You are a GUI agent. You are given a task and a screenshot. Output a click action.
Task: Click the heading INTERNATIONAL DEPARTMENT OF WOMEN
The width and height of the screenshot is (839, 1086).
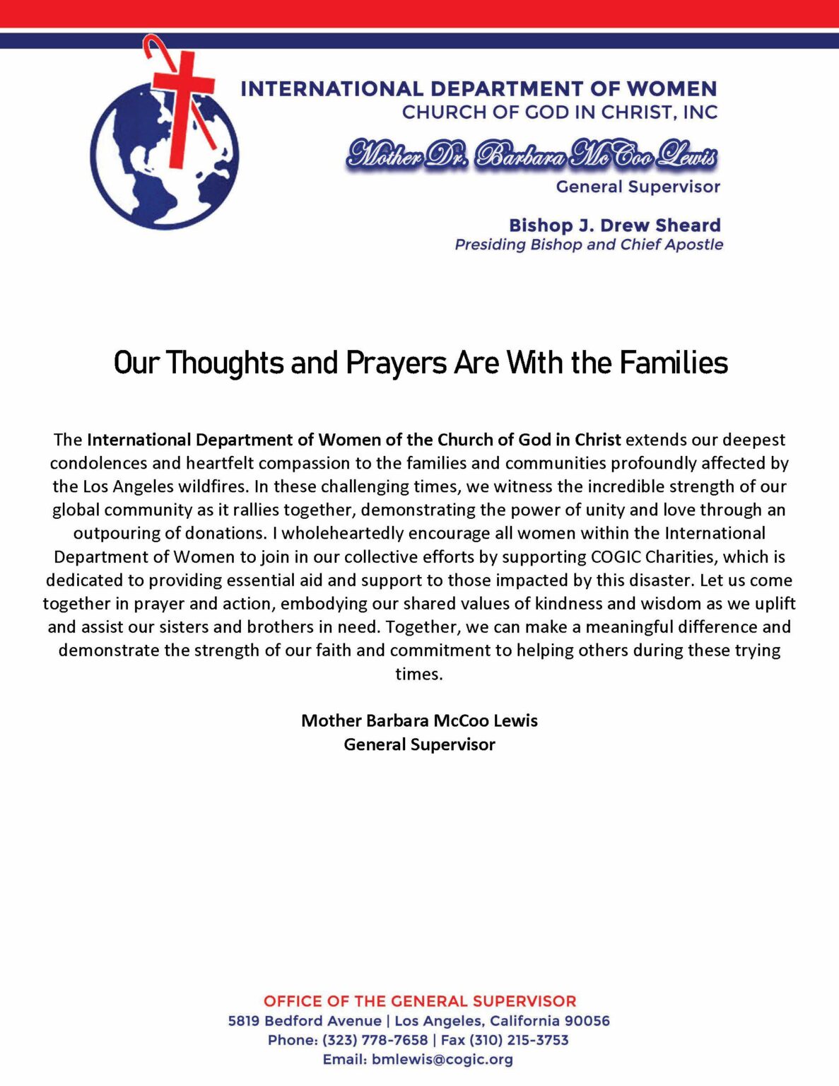coord(479,89)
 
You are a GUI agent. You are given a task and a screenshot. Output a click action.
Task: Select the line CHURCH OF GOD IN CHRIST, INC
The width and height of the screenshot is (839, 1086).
coord(559,112)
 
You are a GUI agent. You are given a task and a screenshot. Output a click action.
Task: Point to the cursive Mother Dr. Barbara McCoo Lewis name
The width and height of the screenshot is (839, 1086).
coord(532,155)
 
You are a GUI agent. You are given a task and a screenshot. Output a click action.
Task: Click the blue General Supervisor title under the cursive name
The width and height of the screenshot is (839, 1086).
coord(638,187)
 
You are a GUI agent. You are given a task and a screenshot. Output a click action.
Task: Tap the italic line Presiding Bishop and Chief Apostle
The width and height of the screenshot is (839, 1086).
coord(589,245)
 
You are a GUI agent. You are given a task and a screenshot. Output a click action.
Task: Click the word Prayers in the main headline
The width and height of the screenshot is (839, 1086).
coord(397,363)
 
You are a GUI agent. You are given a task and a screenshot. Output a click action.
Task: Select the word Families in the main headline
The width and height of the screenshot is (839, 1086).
coord(674,363)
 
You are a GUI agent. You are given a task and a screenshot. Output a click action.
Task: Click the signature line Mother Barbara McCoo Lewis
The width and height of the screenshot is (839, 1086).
coord(419,720)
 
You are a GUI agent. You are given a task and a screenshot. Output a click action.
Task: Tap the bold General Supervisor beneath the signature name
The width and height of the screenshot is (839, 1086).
coord(419,745)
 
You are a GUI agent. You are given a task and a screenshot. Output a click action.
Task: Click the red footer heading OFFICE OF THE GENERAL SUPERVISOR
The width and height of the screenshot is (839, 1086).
coord(420,1001)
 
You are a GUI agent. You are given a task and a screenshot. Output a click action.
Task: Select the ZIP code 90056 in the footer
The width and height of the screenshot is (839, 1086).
coord(587,1021)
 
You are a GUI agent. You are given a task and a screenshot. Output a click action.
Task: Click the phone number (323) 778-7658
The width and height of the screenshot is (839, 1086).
coord(375,1040)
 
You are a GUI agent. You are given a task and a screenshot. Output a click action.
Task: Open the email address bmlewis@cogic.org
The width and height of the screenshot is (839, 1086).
coord(442,1059)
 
